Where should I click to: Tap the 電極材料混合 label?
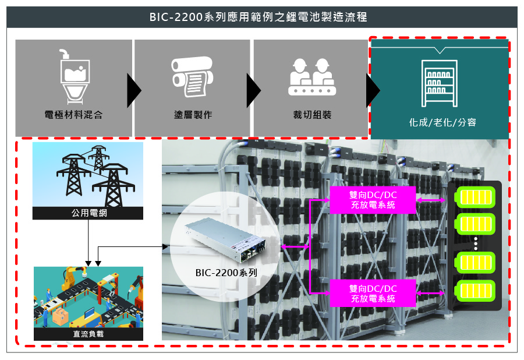pyautogui.click(x=73, y=115)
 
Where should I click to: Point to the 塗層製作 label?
pyautogui.click(x=193, y=115)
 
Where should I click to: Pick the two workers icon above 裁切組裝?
pyautogui.click(x=312, y=76)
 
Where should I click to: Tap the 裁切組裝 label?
pyautogui.click(x=312, y=115)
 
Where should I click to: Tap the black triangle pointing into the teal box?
pyautogui.click(x=372, y=91)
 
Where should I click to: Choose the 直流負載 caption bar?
pyautogui.click(x=88, y=334)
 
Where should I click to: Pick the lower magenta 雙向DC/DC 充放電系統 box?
pyautogui.click(x=373, y=293)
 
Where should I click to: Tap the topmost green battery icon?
pyautogui.click(x=476, y=196)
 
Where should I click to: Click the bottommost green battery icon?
pyautogui.click(x=476, y=291)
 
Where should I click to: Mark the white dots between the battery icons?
pyautogui.click(x=476, y=243)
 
